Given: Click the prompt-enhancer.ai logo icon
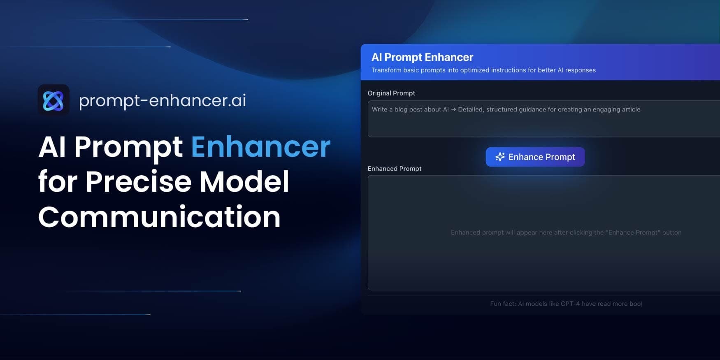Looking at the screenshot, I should coord(53,100).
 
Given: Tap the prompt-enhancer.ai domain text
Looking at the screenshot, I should coord(162,100).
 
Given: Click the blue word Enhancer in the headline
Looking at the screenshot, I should coord(260,147).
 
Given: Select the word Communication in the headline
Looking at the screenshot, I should coord(159,217).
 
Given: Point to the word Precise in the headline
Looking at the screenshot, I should coord(138,182).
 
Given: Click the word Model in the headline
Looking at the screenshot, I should coord(244,182).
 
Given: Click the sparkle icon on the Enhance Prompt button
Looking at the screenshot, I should coord(500,157).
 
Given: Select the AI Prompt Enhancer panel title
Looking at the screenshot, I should coord(422,57).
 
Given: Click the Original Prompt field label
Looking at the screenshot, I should coord(391,93).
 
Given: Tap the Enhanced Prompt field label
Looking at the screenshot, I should coord(394,169).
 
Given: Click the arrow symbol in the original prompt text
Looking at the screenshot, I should coord(453,109).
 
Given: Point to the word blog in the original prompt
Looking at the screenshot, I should coord(401,109).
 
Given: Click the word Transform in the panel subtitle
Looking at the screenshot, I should coord(386,70).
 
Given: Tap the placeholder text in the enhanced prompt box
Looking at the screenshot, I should coord(566,232).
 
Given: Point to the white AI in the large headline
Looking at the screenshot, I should coord(52,147).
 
